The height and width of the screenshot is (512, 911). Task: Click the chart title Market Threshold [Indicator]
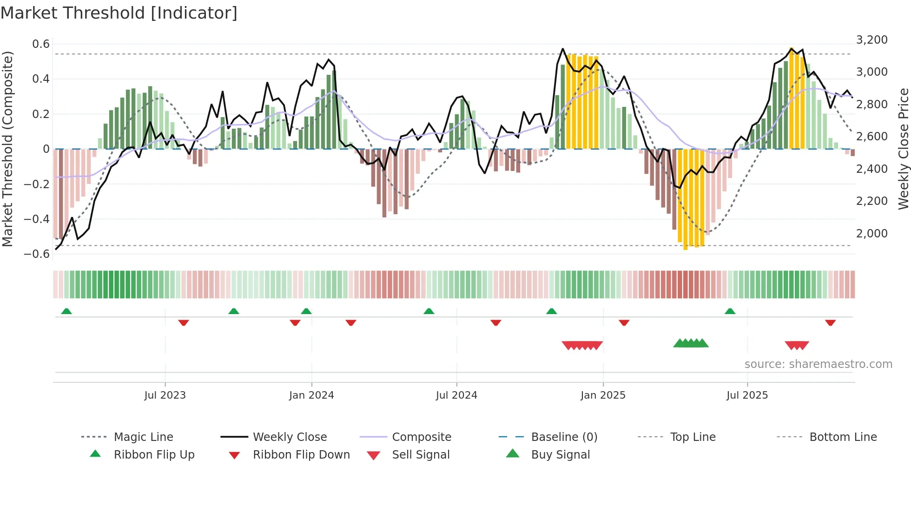coord(119,13)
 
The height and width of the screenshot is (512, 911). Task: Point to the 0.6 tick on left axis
coord(41,44)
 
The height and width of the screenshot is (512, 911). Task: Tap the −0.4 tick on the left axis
coord(37,219)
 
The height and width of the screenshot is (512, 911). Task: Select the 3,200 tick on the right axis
coord(871,40)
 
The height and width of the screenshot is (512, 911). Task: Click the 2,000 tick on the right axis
coord(871,234)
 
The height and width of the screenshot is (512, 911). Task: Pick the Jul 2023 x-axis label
coord(165,395)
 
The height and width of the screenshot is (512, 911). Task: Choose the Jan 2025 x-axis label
coord(603,395)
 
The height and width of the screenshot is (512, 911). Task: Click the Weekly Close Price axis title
coord(903,149)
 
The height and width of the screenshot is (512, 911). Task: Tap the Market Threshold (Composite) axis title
coord(7,149)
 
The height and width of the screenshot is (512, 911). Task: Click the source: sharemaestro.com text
coord(818,364)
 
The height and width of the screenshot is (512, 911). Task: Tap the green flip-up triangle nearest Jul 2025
coord(730,311)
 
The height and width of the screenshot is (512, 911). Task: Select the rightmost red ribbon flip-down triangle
coord(830,322)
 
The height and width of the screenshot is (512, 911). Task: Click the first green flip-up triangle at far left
coord(66,311)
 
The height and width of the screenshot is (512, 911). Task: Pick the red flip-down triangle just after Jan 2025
coord(624,322)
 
